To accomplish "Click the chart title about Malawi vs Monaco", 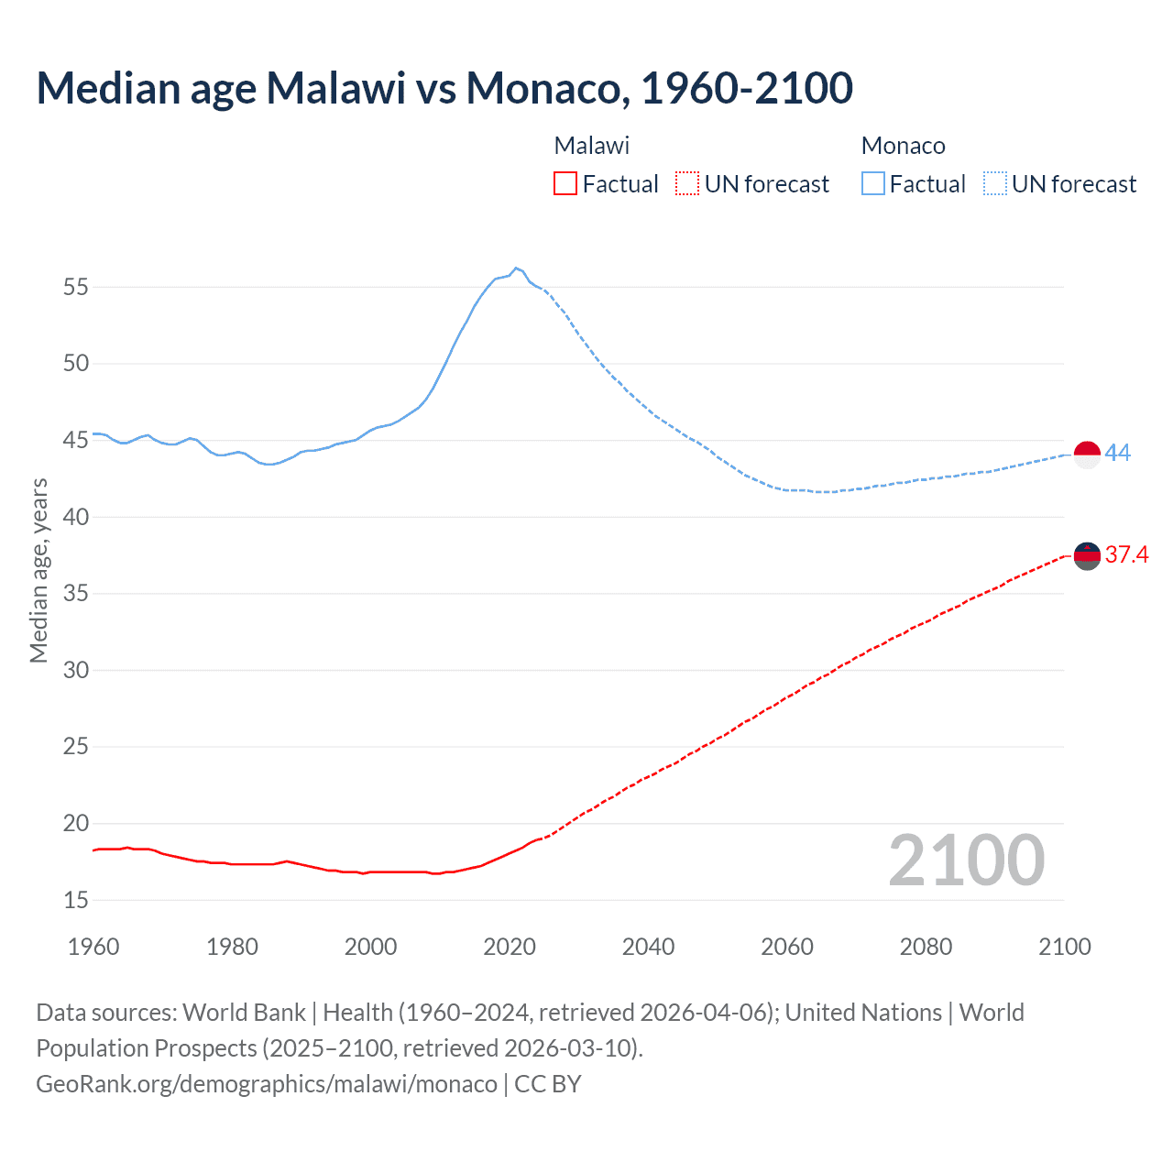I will (444, 88).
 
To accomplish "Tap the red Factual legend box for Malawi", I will (565, 184).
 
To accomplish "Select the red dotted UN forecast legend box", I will (687, 184).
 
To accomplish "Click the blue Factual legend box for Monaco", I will (872, 184).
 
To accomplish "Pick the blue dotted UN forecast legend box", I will (994, 184).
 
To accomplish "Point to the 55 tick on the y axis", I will (76, 288).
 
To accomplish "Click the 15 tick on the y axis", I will (76, 901).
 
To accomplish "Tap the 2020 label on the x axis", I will (510, 947).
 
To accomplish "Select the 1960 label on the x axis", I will (93, 947).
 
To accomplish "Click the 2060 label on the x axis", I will (787, 947).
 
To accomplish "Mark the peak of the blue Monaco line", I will (516, 268).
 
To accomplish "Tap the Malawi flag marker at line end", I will (1087, 556).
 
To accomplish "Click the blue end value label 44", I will (1118, 454).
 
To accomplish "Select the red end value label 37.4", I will (1126, 555).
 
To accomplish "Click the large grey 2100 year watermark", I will (967, 861).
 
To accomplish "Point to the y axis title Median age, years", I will (38, 570).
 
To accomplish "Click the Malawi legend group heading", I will (592, 146).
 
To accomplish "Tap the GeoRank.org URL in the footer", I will (267, 1084).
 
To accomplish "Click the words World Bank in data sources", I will (244, 1013).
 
